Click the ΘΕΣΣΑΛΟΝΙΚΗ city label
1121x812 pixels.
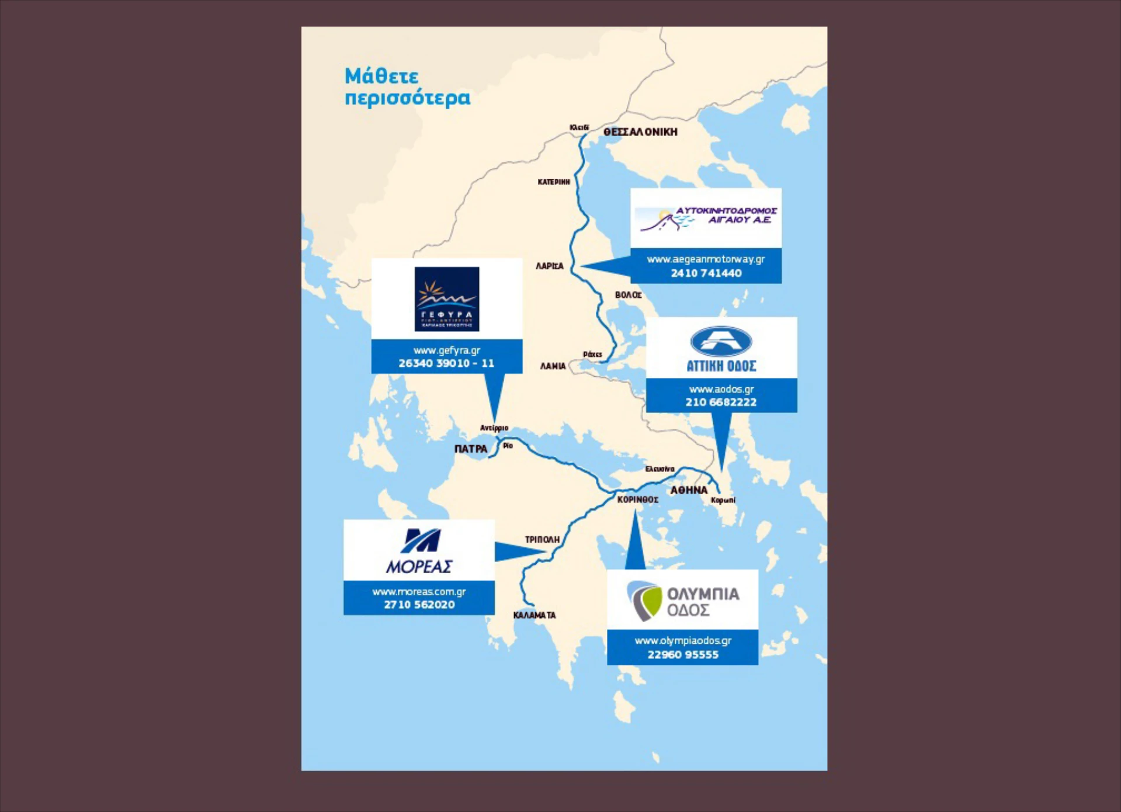click(640, 132)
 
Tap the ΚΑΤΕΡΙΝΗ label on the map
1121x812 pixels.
click(553, 182)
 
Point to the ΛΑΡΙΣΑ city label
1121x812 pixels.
click(550, 266)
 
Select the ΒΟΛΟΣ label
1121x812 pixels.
click(628, 295)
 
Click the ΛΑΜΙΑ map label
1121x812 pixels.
click(553, 366)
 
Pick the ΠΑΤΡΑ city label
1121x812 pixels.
click(471, 449)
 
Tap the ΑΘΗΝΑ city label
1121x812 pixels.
click(689, 490)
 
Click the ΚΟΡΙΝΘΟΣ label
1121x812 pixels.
click(638, 499)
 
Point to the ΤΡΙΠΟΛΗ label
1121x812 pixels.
click(542, 539)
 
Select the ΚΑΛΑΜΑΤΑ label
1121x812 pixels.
click(535, 615)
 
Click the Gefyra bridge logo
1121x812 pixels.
click(447, 299)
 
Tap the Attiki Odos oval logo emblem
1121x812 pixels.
click(721, 341)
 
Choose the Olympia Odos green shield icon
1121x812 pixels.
click(644, 601)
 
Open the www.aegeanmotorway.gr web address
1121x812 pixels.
click(706, 259)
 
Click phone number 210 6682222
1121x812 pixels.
click(721, 402)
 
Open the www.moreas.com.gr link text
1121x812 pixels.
click(419, 591)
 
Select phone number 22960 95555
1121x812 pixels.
click(683, 654)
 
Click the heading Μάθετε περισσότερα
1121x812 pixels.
click(407, 86)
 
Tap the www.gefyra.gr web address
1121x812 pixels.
click(447, 350)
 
